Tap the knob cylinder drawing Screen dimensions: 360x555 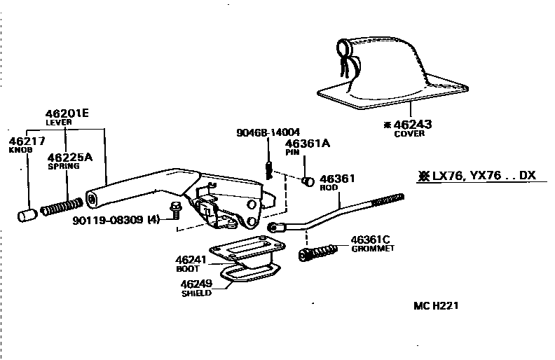[27, 214]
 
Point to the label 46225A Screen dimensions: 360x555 [69, 158]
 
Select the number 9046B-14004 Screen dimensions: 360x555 [268, 131]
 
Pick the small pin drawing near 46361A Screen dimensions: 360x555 [306, 182]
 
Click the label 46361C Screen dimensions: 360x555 [370, 240]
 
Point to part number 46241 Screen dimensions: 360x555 [190, 259]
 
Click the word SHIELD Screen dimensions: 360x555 [196, 293]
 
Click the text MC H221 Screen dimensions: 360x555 [436, 306]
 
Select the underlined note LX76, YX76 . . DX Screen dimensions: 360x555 [476, 176]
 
